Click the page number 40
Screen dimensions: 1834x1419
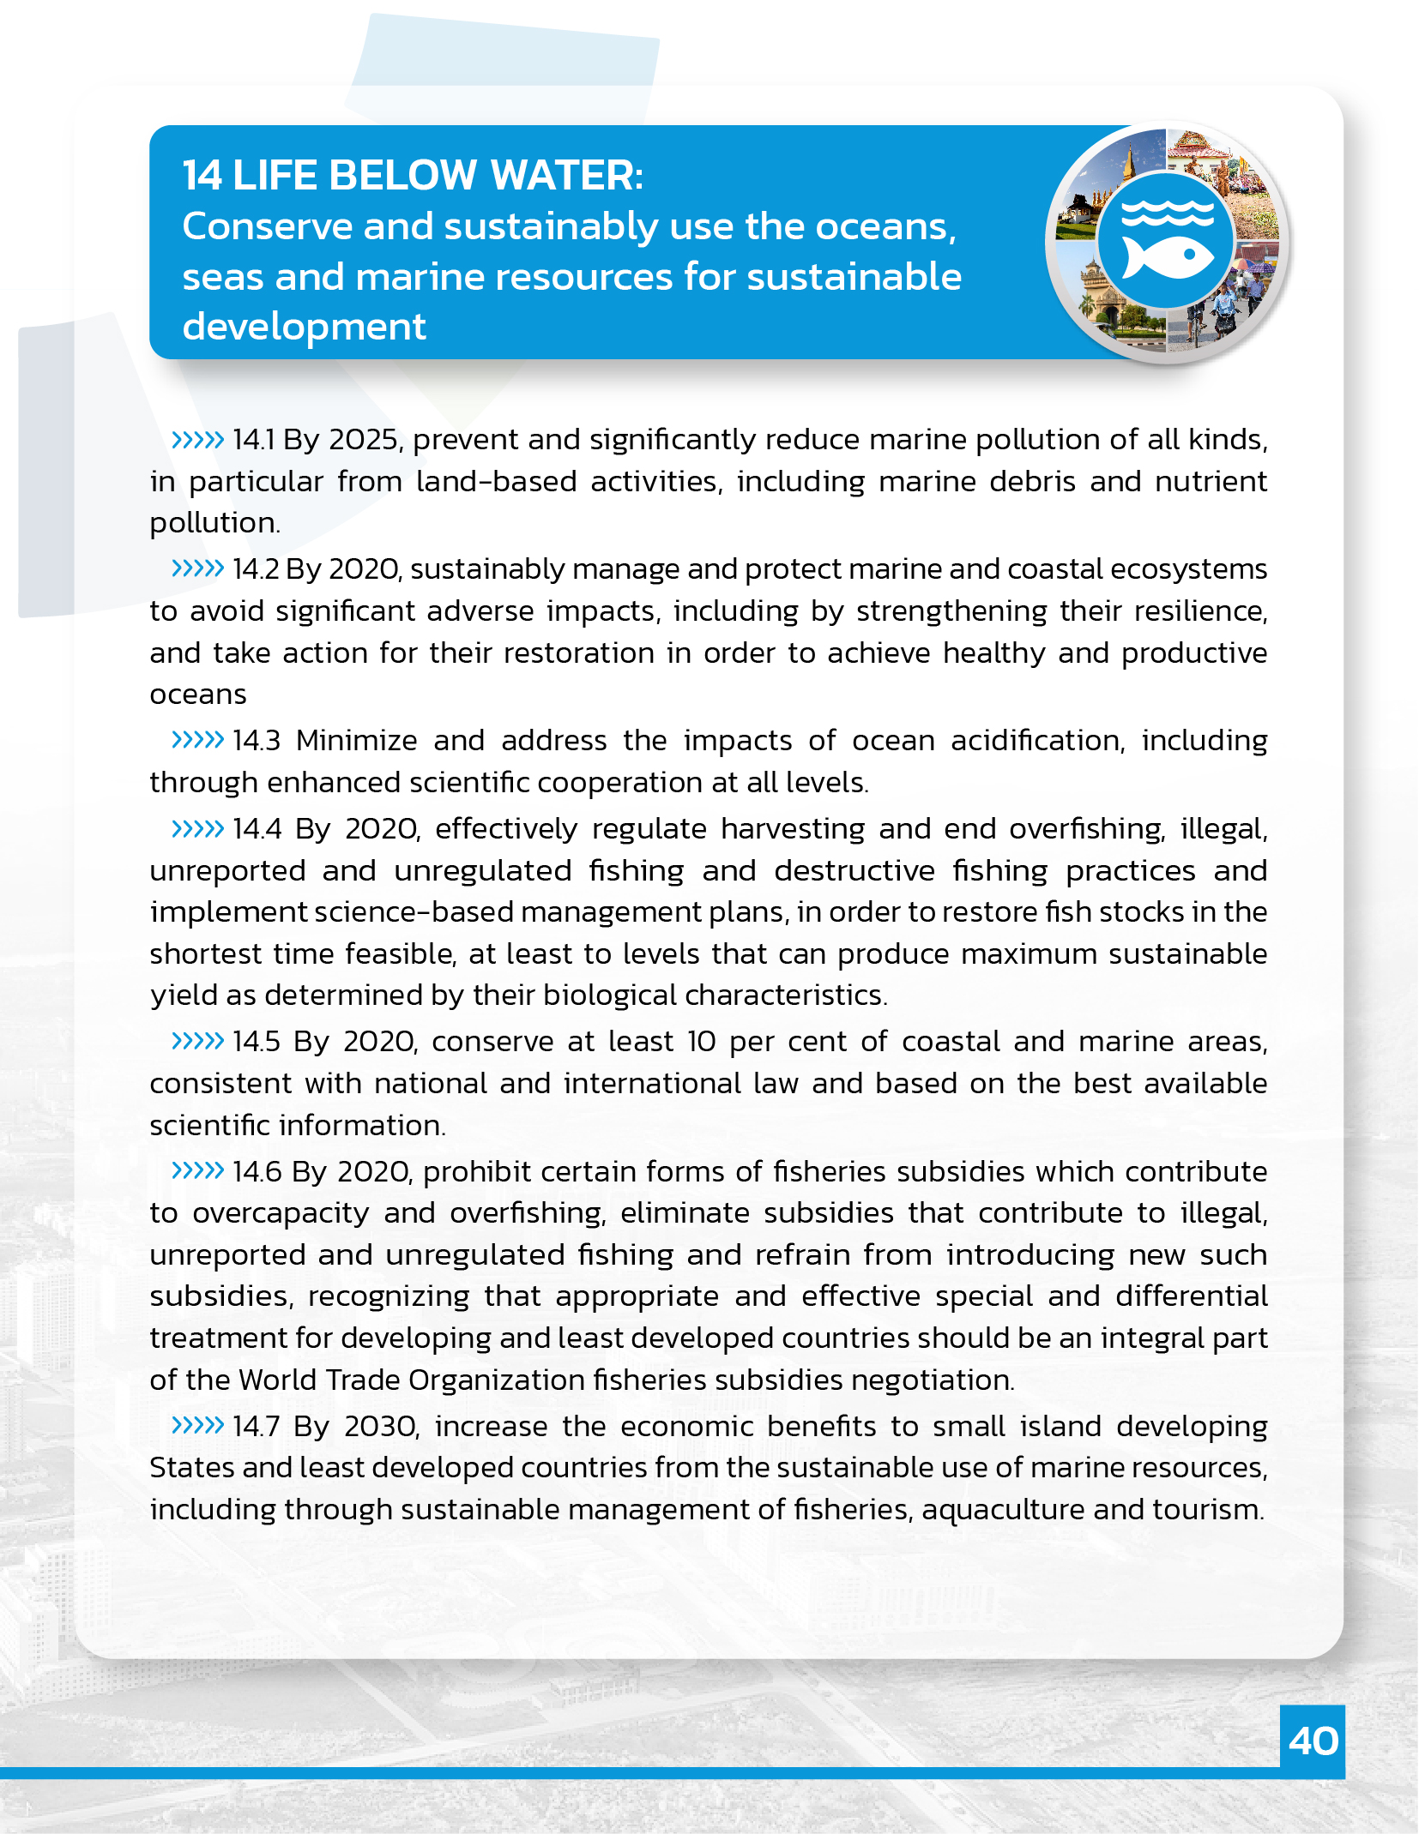click(1313, 1741)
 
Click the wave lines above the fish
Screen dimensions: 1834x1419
click(1168, 212)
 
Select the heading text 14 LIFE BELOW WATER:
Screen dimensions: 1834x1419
click(413, 175)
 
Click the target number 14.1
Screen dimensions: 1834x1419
click(254, 440)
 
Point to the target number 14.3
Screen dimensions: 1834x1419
click(257, 741)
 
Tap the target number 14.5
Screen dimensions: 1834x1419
click(257, 1042)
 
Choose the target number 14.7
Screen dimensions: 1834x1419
click(257, 1427)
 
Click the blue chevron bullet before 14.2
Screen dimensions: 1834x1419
click(197, 568)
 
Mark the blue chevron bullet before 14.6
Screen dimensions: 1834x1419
click(197, 1170)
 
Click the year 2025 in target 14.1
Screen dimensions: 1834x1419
click(364, 440)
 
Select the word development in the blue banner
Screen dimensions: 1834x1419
click(304, 327)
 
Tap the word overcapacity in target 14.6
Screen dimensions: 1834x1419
click(281, 1213)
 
